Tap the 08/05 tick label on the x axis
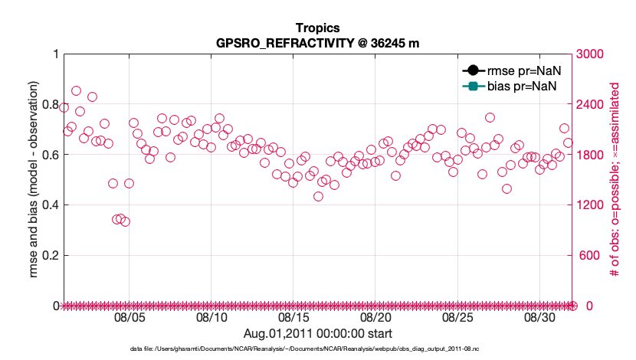(x=129, y=317)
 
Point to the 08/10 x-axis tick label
(x=211, y=317)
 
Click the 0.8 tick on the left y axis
(x=51, y=104)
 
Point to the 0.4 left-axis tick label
(x=51, y=205)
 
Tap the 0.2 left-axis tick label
(x=51, y=256)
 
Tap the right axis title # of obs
(x=614, y=179)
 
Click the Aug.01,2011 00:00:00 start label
(x=317, y=333)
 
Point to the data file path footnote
(x=316, y=349)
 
